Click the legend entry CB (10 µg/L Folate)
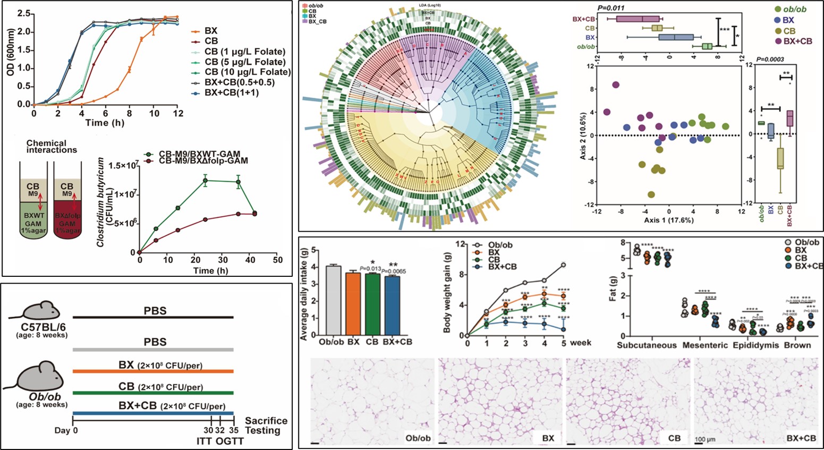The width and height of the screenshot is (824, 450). click(248, 72)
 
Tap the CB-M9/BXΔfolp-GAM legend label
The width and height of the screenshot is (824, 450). click(203, 160)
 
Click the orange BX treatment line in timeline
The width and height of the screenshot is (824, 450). click(153, 371)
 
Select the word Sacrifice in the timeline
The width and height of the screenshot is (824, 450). click(266, 421)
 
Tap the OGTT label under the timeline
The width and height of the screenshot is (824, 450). click(234, 441)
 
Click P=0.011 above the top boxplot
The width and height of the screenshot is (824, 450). click(610, 8)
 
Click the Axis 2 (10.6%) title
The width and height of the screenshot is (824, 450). click(583, 135)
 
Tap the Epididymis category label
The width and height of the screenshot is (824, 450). click(755, 345)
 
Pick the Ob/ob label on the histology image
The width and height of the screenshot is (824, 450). click(418, 438)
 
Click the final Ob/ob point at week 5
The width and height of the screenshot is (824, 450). click(564, 265)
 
